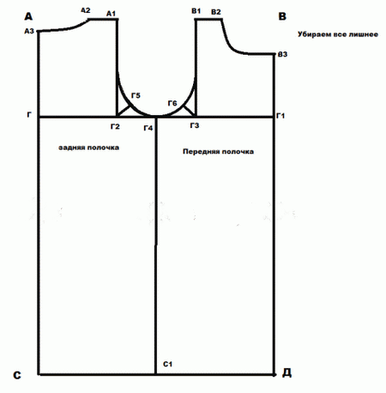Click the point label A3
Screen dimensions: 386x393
pos(29,31)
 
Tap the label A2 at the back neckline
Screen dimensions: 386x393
pos(86,10)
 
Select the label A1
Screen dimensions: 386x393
pos(111,14)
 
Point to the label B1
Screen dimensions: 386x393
pos(196,11)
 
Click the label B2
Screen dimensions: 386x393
pos(216,12)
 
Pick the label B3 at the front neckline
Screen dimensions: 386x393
pos(282,54)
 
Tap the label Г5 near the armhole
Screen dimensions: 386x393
pos(136,95)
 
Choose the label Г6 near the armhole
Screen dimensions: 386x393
pos(172,103)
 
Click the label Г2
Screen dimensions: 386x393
pos(115,126)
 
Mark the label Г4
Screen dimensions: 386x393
pos(148,128)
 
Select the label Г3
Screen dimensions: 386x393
pos(195,125)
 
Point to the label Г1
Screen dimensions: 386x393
pos(280,116)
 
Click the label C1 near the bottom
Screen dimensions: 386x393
pos(167,364)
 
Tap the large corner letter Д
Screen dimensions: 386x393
pos(286,372)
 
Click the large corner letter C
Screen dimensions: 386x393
pos(17,375)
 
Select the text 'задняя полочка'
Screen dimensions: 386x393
pos(88,148)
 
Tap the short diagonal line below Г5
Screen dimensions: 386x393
pos(124,112)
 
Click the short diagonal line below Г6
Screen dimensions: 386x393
pos(190,111)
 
